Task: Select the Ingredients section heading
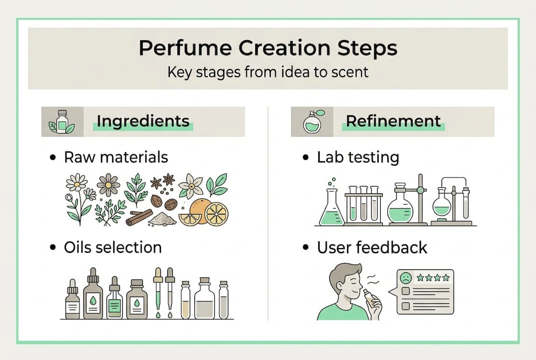[143, 121]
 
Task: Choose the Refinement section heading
[393, 121]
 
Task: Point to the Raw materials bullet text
[116, 157]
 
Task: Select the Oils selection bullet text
[112, 247]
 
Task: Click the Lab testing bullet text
[358, 157]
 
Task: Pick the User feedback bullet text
[372, 247]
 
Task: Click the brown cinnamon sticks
[139, 217]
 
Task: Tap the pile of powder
[163, 219]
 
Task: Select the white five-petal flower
[191, 186]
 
